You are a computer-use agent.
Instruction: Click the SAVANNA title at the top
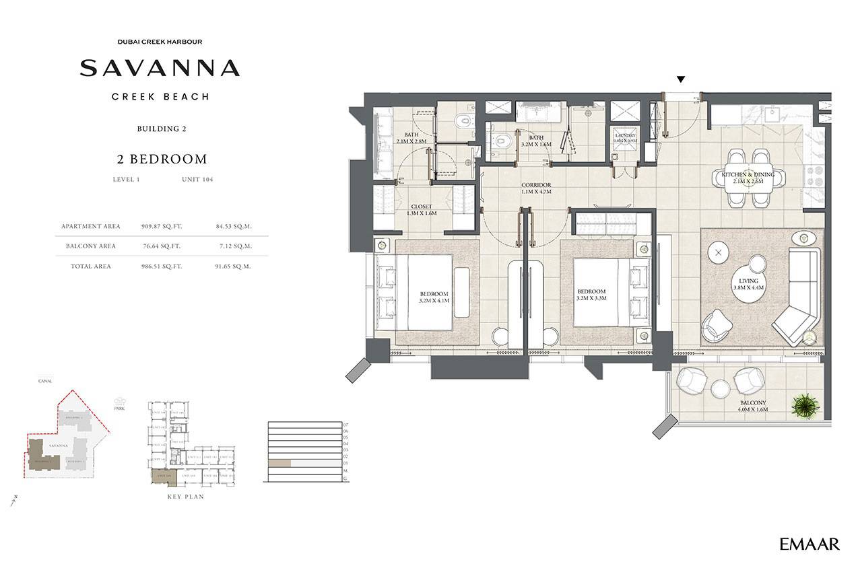[x=160, y=68]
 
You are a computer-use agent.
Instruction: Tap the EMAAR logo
[x=810, y=544]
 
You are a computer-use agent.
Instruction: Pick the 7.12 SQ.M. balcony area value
[x=235, y=246]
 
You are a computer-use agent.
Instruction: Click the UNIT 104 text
[x=197, y=180]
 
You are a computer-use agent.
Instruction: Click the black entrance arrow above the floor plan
[x=681, y=79]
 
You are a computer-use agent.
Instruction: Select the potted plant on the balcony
[x=804, y=405]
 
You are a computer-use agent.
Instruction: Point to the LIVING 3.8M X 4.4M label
[x=748, y=284]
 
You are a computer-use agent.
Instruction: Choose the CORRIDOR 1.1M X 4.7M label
[x=536, y=188]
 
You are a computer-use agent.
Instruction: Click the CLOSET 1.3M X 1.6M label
[x=422, y=210]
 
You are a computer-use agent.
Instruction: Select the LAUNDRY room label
[x=625, y=138]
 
